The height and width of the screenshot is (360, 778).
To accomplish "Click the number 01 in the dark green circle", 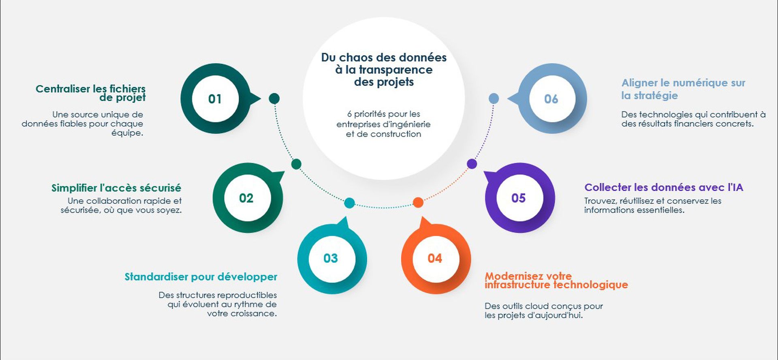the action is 215,99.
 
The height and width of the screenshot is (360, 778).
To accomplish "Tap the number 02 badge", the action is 246,198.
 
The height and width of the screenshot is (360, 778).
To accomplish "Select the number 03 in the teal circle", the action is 331,258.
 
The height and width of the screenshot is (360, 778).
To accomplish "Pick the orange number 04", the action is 435,258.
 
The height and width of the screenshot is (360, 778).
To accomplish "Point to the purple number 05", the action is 519,198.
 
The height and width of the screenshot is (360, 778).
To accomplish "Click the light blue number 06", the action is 551,99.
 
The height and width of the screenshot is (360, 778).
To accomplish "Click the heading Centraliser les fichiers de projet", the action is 91,93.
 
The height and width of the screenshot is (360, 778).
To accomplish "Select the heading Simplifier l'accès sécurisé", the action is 116,188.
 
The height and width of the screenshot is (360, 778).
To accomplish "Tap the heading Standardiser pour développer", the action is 201,277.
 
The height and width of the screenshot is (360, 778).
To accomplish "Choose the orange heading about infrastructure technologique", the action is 556,281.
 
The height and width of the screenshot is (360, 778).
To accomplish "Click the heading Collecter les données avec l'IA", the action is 664,187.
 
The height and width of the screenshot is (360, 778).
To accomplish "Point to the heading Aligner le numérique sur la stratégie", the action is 684,89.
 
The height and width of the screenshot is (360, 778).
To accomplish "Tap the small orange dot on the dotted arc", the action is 418,202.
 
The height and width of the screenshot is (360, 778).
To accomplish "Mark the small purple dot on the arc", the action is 472,164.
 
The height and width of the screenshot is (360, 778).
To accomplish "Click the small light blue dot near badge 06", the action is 494,98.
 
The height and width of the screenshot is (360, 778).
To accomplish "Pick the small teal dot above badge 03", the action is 349,203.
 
